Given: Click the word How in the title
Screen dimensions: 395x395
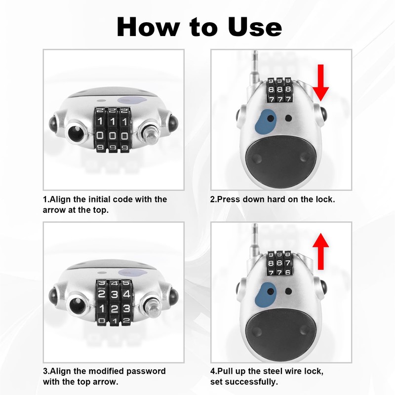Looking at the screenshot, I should (x=148, y=27).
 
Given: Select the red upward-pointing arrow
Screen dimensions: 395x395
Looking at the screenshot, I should (x=321, y=251).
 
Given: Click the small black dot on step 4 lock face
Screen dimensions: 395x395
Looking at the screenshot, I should (x=288, y=290).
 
